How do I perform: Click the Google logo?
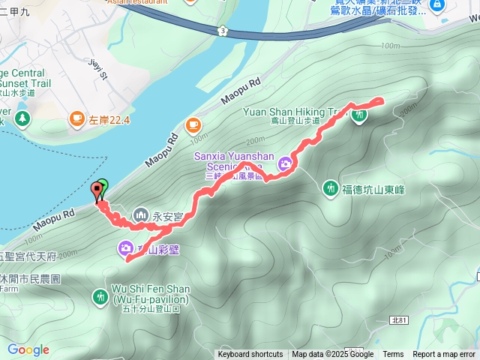[x=28, y=349]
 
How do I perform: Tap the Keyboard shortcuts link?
[x=250, y=355]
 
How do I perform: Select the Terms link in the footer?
[x=393, y=355]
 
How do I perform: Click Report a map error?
[x=445, y=355]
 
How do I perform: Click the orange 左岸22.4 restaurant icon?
[x=77, y=118]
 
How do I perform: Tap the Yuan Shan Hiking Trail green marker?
[x=360, y=115]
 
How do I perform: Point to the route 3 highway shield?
[x=223, y=30]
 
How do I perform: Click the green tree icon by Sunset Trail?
[x=22, y=118]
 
